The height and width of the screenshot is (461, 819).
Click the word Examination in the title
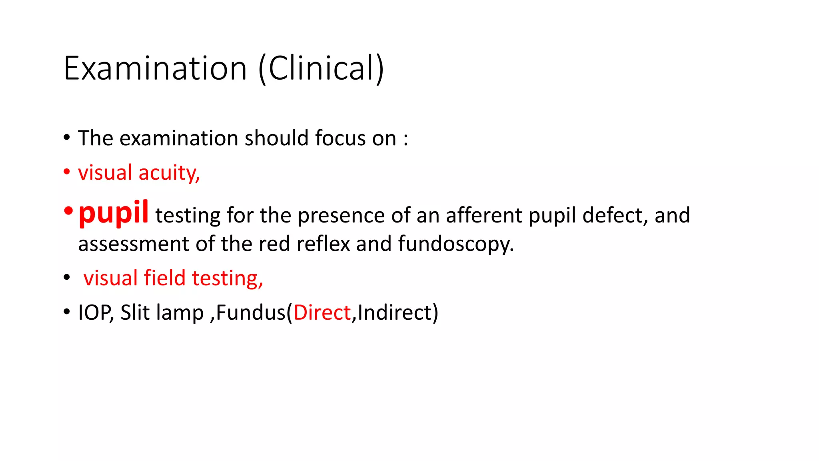[x=155, y=68]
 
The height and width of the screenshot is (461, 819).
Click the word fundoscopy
[x=455, y=244]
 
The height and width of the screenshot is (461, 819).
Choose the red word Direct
[x=322, y=313]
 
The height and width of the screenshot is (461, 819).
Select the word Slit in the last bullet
[x=135, y=313]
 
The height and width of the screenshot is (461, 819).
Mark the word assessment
[x=133, y=244]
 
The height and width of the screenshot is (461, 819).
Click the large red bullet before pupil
[x=68, y=211]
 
